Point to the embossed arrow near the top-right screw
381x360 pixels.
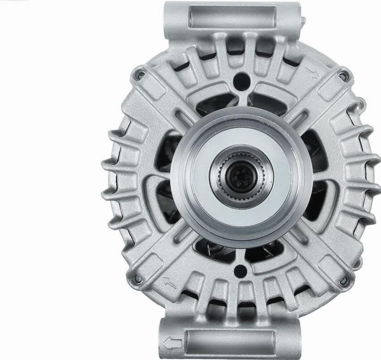coord(314,75)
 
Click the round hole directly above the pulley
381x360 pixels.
coord(241,79)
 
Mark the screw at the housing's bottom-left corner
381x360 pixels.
coord(136,279)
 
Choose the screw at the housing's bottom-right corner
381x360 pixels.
coord(344,280)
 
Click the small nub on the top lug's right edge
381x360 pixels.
coord(303,19)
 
